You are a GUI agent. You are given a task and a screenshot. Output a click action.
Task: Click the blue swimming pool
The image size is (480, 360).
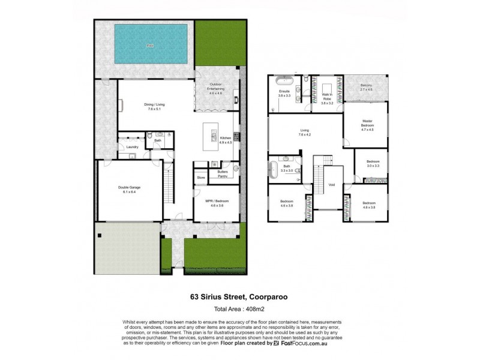tap(149, 45)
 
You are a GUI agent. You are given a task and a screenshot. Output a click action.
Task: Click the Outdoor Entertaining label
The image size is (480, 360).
tap(216, 88)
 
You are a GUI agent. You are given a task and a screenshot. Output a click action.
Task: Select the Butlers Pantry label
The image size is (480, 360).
tap(222, 175)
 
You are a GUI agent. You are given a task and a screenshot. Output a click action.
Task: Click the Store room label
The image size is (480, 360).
tap(202, 177)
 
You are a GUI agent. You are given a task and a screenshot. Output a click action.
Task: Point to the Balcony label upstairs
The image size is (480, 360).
tap(366, 88)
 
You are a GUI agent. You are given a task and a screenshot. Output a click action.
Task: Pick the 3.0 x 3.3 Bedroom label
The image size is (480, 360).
tap(373, 164)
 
